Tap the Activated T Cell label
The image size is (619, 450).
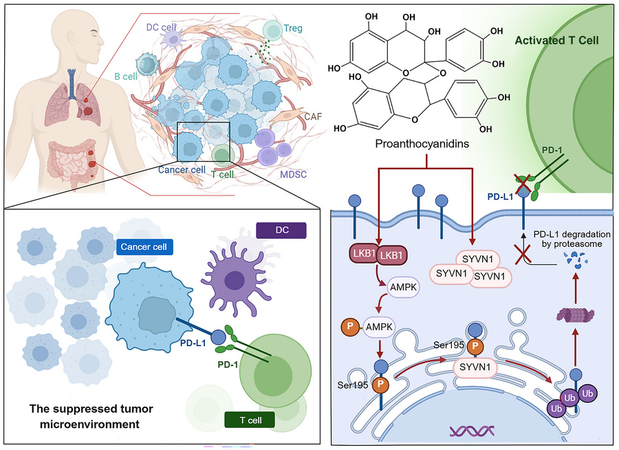555,41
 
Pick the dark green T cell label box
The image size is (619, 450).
248,419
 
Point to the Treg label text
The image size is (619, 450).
293,30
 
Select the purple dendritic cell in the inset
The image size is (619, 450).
232,277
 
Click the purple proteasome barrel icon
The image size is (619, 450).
574,315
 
